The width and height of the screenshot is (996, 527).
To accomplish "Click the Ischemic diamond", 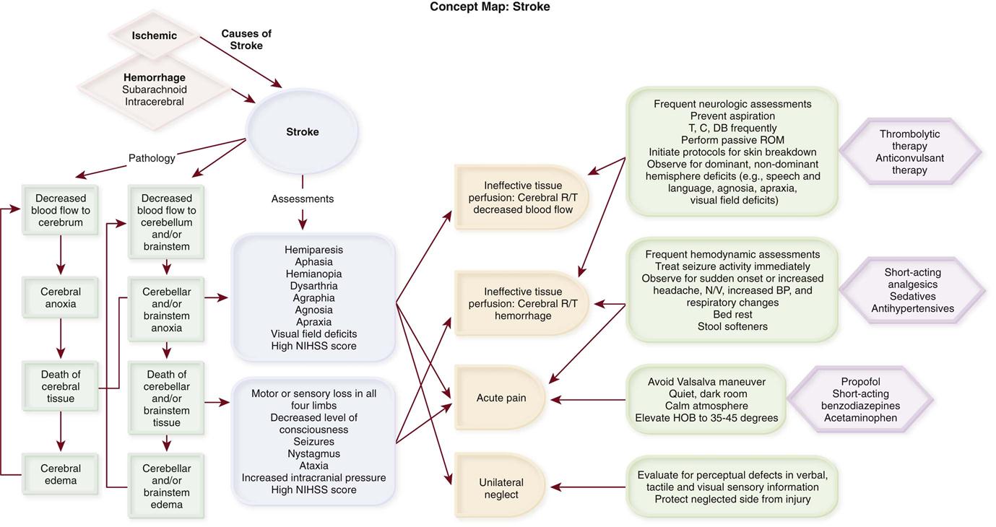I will (x=154, y=35).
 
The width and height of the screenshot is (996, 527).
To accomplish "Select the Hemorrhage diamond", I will (x=154, y=90).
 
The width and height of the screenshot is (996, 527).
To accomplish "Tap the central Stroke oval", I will (x=302, y=132).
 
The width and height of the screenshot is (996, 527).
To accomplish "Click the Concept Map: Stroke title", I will (x=490, y=7).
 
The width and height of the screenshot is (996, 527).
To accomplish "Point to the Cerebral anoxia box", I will (x=61, y=297).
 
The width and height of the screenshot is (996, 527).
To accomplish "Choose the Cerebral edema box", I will (x=61, y=474).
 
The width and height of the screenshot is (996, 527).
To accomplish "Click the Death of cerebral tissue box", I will (x=61, y=386).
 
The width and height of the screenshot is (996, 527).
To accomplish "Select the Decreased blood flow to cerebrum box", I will (x=61, y=210).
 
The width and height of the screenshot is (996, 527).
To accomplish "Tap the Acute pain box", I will (x=501, y=398).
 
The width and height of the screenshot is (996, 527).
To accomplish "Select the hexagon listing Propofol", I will (x=859, y=400).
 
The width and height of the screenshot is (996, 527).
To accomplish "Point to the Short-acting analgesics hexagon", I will (x=912, y=290).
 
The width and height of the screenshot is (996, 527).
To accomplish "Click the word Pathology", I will (x=152, y=157).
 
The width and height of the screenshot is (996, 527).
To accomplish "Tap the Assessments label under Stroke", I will (x=303, y=199).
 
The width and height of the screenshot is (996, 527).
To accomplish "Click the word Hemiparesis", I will (x=313, y=250).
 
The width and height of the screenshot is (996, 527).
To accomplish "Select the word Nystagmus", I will (x=313, y=453).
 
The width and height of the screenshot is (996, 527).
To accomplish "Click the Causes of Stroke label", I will (x=246, y=40).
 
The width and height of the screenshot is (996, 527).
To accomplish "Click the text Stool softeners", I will (x=732, y=326).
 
